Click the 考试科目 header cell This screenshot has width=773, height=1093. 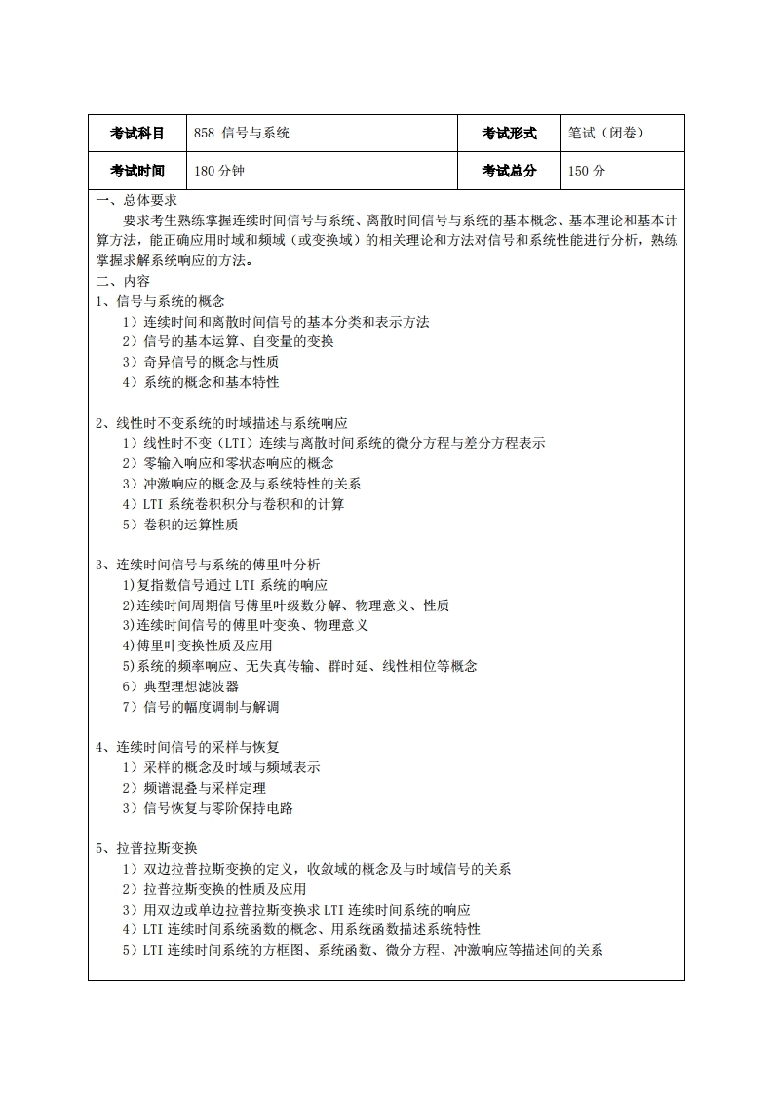(x=136, y=134)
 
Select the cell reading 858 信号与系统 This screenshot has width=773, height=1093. (x=242, y=134)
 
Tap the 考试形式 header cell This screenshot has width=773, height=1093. (x=509, y=134)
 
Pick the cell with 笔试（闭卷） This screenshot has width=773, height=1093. (x=606, y=134)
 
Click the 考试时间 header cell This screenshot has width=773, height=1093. (x=136, y=171)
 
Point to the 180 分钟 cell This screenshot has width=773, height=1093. (x=219, y=171)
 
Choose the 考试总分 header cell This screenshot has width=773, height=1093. (x=509, y=171)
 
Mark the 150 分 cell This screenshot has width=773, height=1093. (x=587, y=171)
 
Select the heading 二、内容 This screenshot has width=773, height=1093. (x=123, y=281)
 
